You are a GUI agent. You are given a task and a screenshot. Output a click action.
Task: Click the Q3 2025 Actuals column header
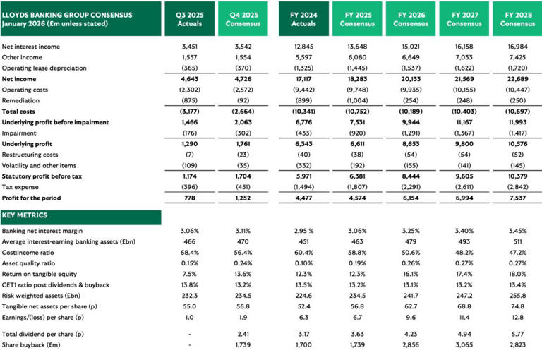click(x=188, y=19)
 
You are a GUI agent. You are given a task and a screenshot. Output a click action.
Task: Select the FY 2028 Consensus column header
click(x=517, y=19)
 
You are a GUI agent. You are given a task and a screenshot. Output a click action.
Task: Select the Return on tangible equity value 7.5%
click(x=188, y=275)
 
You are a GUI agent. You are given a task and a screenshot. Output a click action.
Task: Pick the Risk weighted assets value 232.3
click(x=188, y=296)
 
